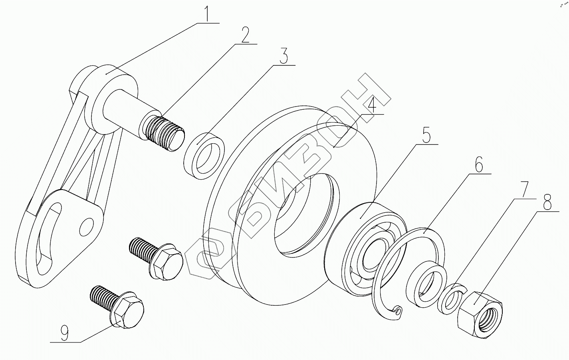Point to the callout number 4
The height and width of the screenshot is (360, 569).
click(371, 105)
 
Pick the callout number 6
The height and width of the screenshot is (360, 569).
click(479, 164)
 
